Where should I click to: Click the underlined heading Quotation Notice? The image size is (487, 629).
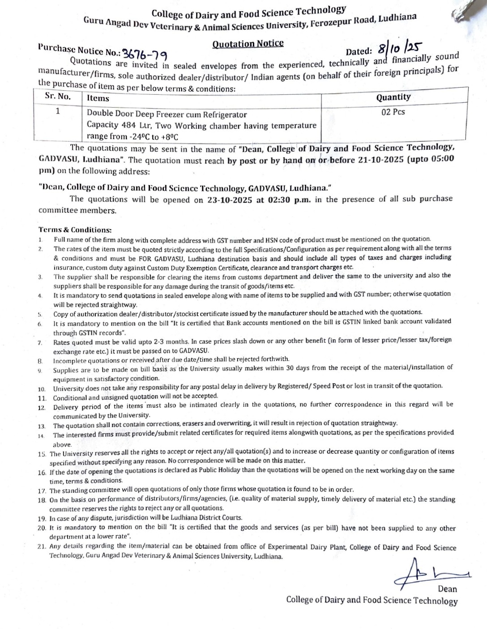(248, 43)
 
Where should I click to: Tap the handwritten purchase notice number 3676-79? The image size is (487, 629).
(145, 54)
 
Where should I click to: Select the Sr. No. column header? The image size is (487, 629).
(58, 96)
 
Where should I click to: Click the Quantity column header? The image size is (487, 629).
(393, 97)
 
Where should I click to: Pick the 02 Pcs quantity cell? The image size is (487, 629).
(393, 112)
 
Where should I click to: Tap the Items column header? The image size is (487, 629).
(98, 98)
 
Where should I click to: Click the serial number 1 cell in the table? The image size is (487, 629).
(58, 110)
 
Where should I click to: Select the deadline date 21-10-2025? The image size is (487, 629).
(381, 159)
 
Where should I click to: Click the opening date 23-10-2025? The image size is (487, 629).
(230, 200)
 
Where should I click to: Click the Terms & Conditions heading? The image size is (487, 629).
(75, 230)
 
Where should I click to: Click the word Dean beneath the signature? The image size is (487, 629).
(447, 589)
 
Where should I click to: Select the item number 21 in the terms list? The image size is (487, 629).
(42, 546)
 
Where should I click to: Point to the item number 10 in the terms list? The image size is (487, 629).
(42, 389)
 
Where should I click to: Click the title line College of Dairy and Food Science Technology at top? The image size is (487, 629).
(248, 12)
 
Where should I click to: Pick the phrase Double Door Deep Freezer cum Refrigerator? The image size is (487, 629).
(167, 114)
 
